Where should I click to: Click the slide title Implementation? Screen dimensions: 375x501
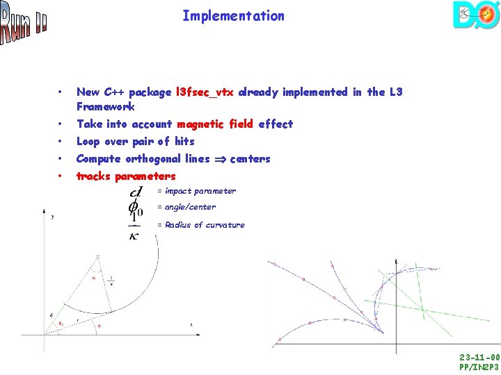(x=233, y=15)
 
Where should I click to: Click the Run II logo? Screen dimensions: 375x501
(x=23, y=23)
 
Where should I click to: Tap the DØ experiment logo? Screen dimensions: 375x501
(x=475, y=15)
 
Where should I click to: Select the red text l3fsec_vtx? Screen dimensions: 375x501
(x=205, y=92)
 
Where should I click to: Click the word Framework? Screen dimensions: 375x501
(x=105, y=107)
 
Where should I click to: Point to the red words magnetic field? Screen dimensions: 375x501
(x=216, y=124)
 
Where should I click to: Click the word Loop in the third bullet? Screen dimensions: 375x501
(x=89, y=141)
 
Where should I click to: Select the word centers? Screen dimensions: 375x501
(x=250, y=159)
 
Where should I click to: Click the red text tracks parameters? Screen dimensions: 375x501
(x=126, y=176)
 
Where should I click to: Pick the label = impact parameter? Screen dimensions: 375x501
(x=196, y=191)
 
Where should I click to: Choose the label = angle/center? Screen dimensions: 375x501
(x=186, y=207)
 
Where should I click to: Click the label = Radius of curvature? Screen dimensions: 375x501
(x=200, y=225)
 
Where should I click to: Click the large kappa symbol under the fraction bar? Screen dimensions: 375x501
(x=134, y=235)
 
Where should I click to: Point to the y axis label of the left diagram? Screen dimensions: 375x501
(x=53, y=216)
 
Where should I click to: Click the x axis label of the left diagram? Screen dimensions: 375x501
(x=191, y=324)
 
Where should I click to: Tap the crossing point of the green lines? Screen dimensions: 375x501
(x=422, y=309)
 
